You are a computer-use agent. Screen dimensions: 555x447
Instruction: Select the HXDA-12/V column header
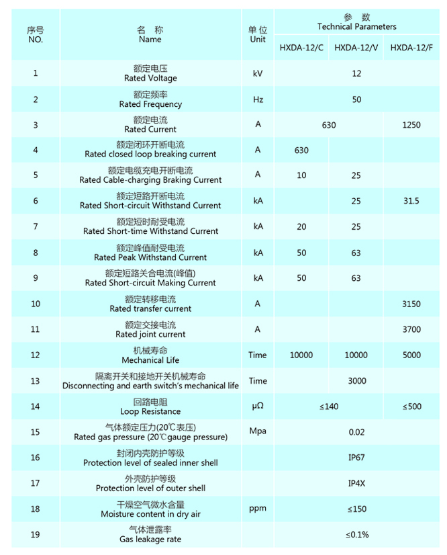[x=356, y=47]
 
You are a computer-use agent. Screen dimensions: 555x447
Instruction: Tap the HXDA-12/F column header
[x=411, y=47]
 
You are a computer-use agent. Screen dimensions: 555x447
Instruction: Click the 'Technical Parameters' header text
[x=356, y=27]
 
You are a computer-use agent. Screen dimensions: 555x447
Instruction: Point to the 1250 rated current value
[x=411, y=125]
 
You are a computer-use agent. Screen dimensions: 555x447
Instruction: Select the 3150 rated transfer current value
[x=411, y=304]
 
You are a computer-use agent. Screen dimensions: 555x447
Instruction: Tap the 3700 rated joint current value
[x=411, y=329]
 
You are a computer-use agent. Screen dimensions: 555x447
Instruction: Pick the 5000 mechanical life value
[x=411, y=355]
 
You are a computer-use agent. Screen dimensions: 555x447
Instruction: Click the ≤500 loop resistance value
[x=411, y=407]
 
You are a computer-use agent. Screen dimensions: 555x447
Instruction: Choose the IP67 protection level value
[x=356, y=458]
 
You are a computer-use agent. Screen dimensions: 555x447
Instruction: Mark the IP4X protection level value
[x=356, y=483]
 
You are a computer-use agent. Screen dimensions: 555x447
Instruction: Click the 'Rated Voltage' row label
[x=150, y=79]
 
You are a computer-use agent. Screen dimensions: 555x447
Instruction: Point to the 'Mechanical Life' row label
[x=150, y=360]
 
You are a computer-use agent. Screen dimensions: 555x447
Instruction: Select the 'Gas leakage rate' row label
[x=150, y=539]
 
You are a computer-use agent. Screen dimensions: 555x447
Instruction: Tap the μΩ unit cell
[x=258, y=407]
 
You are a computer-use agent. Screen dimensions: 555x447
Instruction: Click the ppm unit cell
[x=258, y=509]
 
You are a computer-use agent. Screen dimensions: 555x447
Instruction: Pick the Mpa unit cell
[x=258, y=431]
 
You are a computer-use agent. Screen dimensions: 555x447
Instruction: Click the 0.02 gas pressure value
[x=356, y=432]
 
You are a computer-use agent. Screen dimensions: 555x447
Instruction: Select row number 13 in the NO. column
[x=36, y=381]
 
